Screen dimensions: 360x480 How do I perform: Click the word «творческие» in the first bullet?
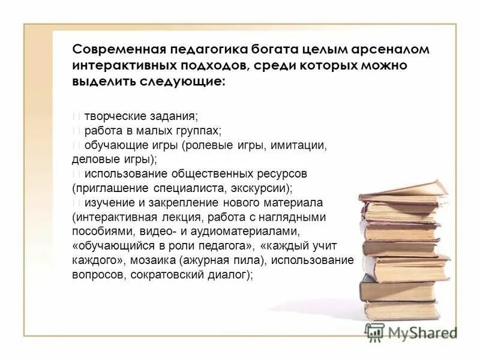[x=112, y=116]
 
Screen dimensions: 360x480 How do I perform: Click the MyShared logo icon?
[x=375, y=332]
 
